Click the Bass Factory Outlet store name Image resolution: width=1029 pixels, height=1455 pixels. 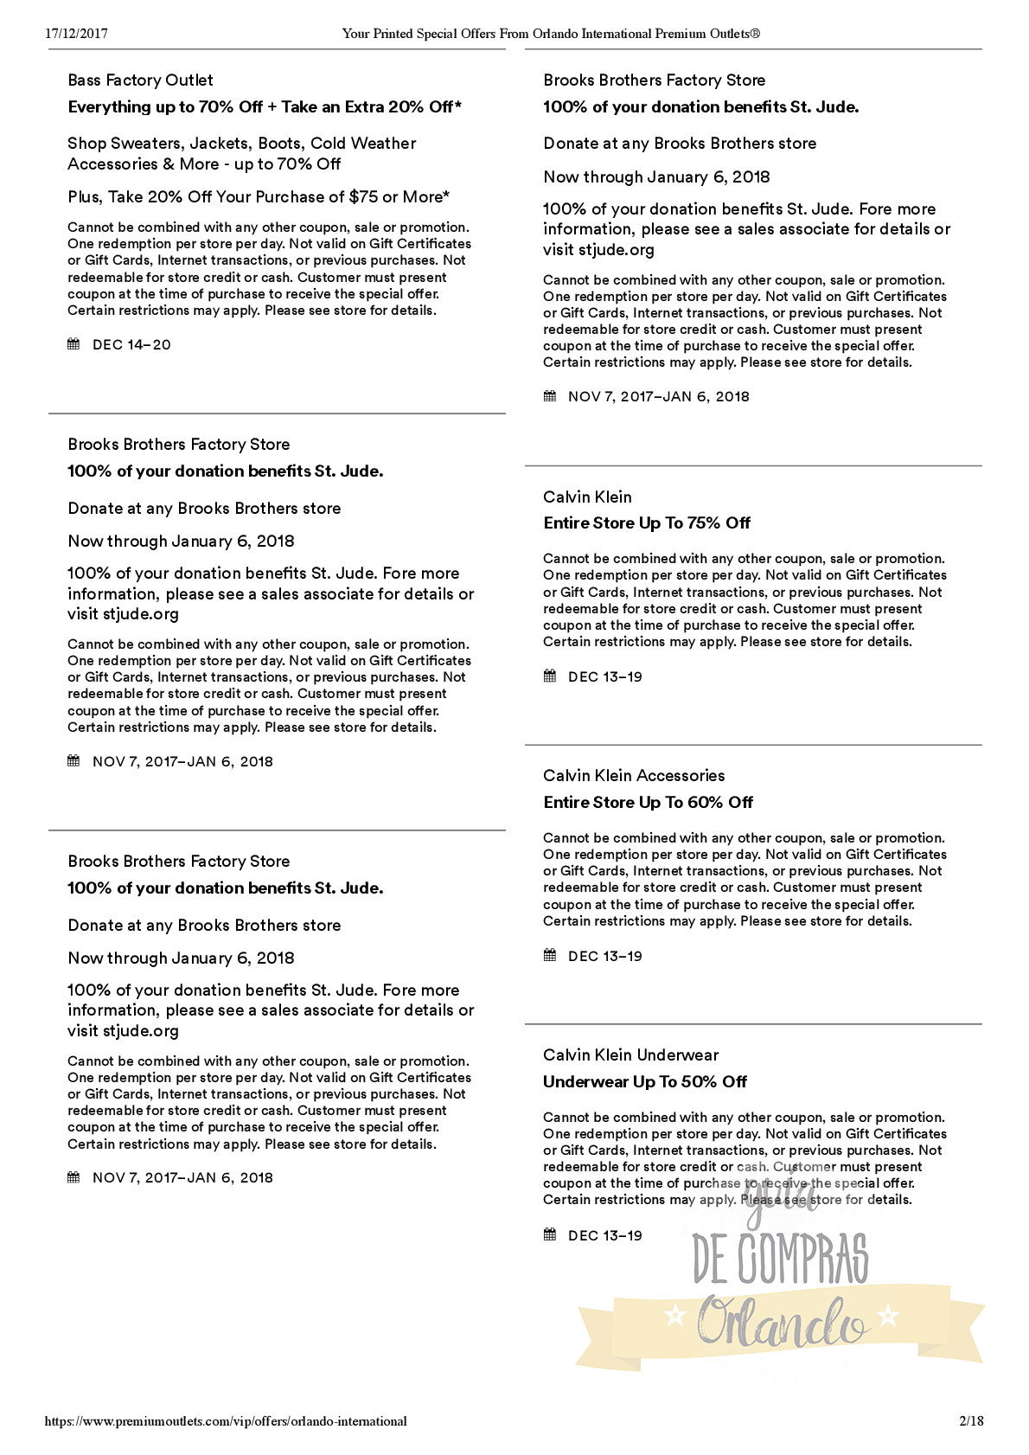[140, 80]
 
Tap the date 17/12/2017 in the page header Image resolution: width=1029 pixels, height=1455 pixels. [76, 34]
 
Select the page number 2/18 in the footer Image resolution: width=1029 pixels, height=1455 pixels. [971, 1421]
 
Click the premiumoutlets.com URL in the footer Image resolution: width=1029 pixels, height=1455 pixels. [226, 1421]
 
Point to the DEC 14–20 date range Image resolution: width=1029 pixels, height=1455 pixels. [131, 345]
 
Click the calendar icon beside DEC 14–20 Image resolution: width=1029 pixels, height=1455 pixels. [73, 344]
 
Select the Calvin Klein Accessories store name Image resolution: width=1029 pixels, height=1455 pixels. [634, 776]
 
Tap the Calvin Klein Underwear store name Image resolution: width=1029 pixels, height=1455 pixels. [630, 1055]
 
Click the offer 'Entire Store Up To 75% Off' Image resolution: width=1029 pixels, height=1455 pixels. [647, 523]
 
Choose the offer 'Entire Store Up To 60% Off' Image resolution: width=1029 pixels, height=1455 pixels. [648, 803]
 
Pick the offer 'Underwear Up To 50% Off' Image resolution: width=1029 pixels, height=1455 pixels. [644, 1082]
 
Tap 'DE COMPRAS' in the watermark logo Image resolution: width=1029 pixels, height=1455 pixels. [780, 1260]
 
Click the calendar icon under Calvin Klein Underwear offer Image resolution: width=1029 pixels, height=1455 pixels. [549, 1234]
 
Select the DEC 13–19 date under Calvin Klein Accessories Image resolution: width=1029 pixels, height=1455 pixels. [605, 957]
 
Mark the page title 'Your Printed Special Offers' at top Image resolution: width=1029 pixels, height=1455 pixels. [551, 34]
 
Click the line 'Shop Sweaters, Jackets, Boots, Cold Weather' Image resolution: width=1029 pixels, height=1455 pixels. [242, 144]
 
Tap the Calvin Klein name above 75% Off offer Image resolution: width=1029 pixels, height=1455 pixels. [587, 497]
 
